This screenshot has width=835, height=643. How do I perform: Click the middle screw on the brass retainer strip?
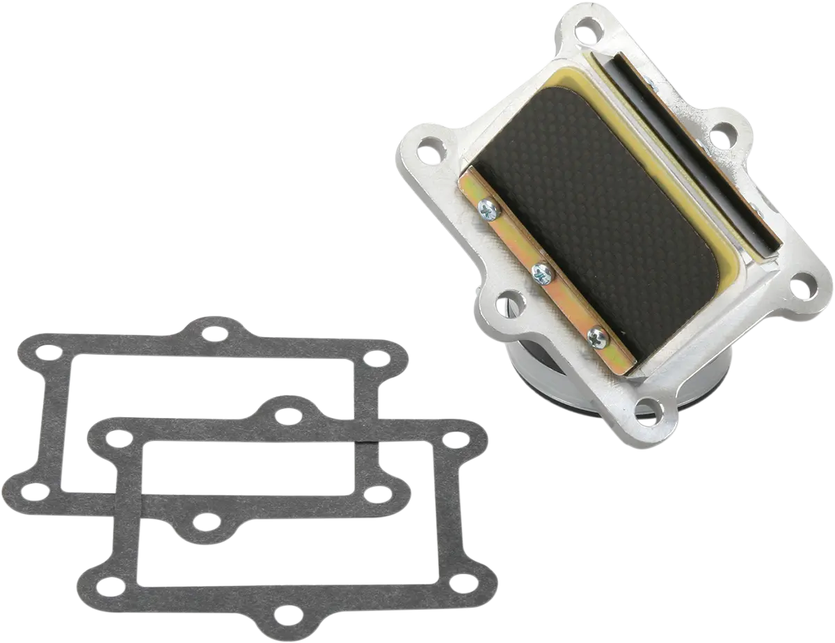pyautogui.click(x=541, y=274)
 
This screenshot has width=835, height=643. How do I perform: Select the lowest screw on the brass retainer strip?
pyautogui.click(x=598, y=338)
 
